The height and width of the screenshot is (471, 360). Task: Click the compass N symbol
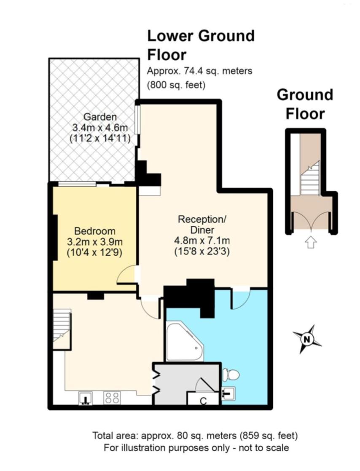[307, 339]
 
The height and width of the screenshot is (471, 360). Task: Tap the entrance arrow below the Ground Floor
[311, 242]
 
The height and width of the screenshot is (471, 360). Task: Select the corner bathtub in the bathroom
[185, 342]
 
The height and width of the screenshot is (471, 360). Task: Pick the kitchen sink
[86, 398]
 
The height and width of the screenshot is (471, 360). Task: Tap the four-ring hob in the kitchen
[112, 398]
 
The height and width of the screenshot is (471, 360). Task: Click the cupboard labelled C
[203, 398]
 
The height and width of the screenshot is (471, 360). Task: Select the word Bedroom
[95, 231]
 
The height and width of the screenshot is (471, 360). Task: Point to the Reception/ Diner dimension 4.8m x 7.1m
[202, 240]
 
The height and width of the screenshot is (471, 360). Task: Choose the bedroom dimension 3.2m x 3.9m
[95, 242]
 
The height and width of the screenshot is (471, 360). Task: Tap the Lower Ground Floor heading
[201, 45]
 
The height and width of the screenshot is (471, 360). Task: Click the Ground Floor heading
[305, 104]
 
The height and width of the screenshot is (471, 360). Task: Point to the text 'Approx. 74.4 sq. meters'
[199, 72]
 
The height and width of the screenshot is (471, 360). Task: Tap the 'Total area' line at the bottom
[195, 436]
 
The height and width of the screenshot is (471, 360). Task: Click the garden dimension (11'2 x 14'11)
[100, 139]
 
